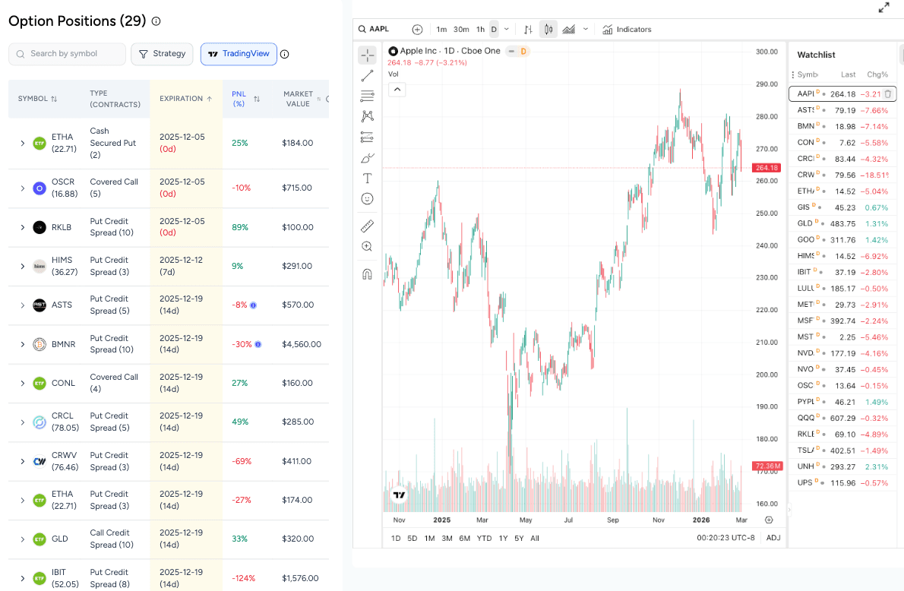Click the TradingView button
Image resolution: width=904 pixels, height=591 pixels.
point(239,54)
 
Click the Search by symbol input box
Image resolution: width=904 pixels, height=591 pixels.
point(67,54)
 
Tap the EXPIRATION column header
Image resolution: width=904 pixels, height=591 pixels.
point(186,99)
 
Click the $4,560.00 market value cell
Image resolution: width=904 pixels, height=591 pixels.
point(302,344)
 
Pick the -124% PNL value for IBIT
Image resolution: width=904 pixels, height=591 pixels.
point(242,578)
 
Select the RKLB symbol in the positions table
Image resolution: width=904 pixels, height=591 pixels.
point(62,227)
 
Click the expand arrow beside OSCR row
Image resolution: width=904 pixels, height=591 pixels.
point(23,188)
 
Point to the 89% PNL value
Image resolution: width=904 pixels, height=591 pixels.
point(240,227)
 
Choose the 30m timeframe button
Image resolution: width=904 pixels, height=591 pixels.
point(461,30)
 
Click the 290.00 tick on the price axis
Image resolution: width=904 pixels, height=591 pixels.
point(767,84)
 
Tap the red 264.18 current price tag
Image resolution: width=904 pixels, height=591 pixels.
point(767,168)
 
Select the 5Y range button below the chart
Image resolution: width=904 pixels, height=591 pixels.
point(519,539)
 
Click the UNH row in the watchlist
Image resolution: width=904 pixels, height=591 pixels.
point(842,466)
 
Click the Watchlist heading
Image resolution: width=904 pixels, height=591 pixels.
point(816,55)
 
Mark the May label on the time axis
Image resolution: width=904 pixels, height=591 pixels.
point(525,520)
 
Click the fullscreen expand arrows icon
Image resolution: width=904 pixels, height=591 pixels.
point(883,8)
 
